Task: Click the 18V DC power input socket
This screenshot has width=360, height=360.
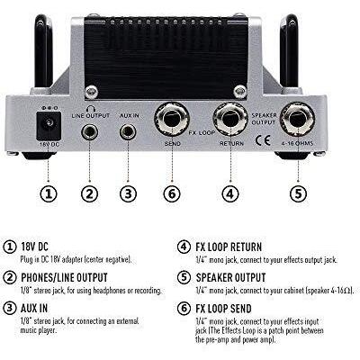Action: click(49, 126)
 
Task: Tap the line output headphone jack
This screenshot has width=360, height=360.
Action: click(90, 131)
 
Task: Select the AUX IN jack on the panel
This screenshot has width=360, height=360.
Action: click(128, 132)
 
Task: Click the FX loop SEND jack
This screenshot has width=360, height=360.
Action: click(172, 119)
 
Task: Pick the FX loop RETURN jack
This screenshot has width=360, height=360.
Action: click(230, 119)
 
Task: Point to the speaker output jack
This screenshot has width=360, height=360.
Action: click(297, 119)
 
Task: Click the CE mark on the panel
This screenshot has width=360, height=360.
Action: click(263, 140)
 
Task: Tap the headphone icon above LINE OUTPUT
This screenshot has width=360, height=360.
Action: click(90, 109)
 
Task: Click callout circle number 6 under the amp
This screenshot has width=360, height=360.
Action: click(172, 193)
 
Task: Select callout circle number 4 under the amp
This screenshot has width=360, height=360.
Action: click(230, 193)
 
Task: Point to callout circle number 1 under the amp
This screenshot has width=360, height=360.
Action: click(49, 193)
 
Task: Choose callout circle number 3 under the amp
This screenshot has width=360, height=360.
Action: click(128, 193)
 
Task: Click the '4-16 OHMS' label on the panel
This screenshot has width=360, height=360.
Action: click(297, 143)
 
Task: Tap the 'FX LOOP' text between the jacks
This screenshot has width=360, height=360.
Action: click(202, 132)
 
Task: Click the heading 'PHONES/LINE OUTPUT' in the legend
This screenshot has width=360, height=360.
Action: click(64, 277)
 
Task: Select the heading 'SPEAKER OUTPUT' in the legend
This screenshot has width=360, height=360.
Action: click(230, 277)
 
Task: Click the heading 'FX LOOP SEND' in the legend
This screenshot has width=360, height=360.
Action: click(223, 309)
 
